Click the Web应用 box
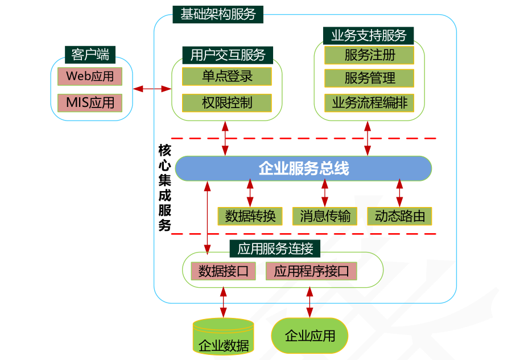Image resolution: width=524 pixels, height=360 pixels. click(x=90, y=76)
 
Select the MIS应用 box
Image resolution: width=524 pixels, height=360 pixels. click(x=90, y=102)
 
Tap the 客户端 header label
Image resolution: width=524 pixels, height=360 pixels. click(x=90, y=55)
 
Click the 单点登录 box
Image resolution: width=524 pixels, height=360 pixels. click(x=226, y=76)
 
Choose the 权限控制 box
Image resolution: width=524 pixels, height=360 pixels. click(x=226, y=102)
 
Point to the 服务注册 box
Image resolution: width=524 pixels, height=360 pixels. click(x=369, y=55)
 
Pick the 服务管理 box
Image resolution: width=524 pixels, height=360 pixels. click(x=369, y=77)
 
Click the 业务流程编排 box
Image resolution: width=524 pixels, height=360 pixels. click(x=369, y=102)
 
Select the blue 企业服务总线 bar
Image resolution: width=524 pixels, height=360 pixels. click(x=303, y=168)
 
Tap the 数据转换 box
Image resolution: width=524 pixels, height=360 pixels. click(x=250, y=216)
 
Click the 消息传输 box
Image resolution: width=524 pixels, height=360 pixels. click(x=325, y=216)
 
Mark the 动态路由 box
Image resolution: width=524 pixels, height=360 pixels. click(x=399, y=216)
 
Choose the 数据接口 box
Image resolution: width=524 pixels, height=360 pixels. click(x=223, y=271)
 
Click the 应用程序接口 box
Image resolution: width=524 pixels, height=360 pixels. click(x=311, y=271)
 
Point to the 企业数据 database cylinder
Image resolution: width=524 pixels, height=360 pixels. click(x=223, y=337)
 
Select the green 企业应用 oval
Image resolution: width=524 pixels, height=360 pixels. click(x=310, y=336)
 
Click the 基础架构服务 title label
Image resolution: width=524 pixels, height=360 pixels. click(x=218, y=14)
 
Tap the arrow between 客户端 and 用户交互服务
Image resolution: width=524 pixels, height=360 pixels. click(x=152, y=88)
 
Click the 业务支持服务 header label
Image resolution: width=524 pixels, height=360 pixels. click(x=369, y=35)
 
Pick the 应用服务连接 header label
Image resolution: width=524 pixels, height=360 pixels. click(x=275, y=249)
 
